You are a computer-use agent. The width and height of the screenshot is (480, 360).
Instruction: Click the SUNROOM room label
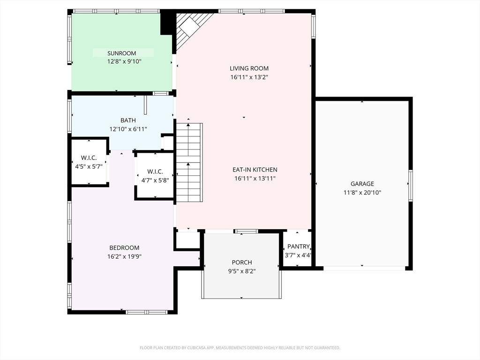121,53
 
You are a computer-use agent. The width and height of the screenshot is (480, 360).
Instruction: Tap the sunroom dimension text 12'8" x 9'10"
124,61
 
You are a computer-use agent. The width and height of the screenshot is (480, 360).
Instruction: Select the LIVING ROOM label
249,68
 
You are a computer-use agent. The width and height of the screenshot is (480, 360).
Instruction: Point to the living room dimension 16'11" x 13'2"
249,77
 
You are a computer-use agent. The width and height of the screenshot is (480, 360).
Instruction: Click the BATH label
128,120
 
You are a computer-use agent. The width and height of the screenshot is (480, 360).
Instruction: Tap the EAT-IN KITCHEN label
255,170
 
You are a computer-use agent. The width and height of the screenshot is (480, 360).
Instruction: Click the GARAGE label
362,184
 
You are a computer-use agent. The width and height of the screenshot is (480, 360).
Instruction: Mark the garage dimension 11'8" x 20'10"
362,193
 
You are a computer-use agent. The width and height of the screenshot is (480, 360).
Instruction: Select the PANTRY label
299,247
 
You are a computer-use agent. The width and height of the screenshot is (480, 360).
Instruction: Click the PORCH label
242,262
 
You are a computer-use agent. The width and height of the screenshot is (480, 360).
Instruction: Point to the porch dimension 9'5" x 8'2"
242,271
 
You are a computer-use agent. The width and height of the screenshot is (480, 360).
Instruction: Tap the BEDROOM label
124,247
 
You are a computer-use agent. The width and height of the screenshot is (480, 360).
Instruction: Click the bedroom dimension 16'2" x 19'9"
124,256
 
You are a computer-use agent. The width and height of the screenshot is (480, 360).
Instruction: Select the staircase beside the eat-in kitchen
189,163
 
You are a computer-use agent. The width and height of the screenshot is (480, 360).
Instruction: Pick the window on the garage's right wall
411,186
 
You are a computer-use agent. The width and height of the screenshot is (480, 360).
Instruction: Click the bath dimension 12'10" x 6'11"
128,129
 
